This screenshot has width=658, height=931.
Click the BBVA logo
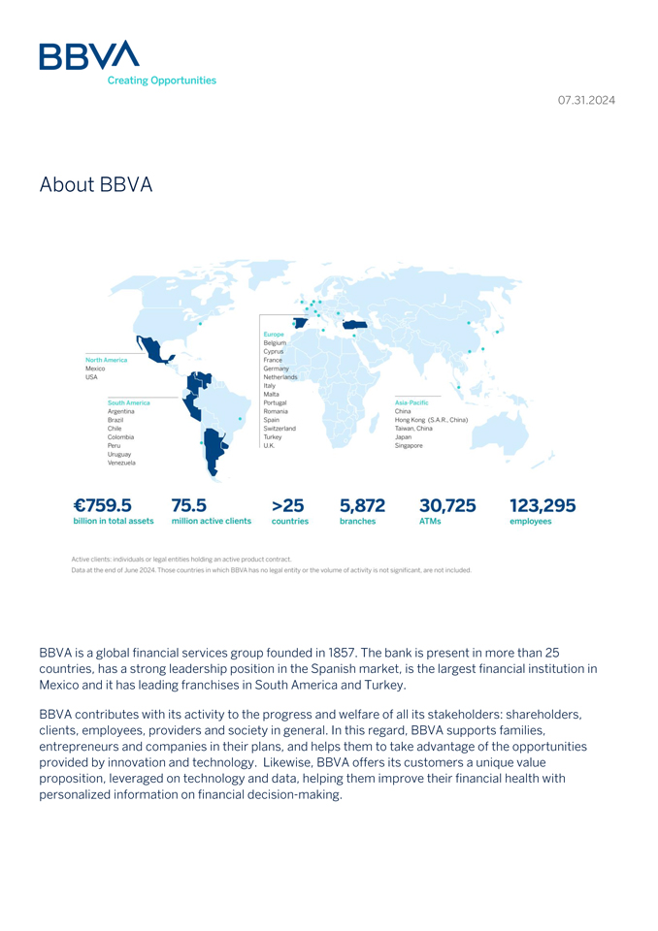(x=89, y=56)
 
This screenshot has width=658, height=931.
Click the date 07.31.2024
(x=586, y=100)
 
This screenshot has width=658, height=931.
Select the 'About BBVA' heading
(x=96, y=184)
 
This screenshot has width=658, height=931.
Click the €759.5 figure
(x=102, y=505)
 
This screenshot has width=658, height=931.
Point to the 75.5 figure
(x=188, y=505)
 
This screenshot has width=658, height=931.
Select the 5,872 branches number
(x=362, y=505)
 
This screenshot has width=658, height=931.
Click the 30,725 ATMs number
(x=447, y=505)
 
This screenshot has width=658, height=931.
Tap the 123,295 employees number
(x=543, y=505)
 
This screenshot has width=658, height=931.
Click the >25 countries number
(x=287, y=505)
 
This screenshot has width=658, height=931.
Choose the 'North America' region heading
(x=106, y=360)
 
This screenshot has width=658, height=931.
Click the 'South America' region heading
(x=129, y=402)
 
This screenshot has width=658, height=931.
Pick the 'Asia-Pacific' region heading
(x=411, y=402)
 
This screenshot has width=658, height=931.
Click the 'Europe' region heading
(x=274, y=335)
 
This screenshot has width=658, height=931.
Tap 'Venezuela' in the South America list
(x=121, y=464)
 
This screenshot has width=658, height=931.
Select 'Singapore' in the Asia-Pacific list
(x=409, y=446)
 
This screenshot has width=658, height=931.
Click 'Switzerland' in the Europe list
(x=280, y=429)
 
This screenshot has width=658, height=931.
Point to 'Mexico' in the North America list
(x=95, y=369)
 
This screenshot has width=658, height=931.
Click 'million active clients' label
(x=212, y=522)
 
